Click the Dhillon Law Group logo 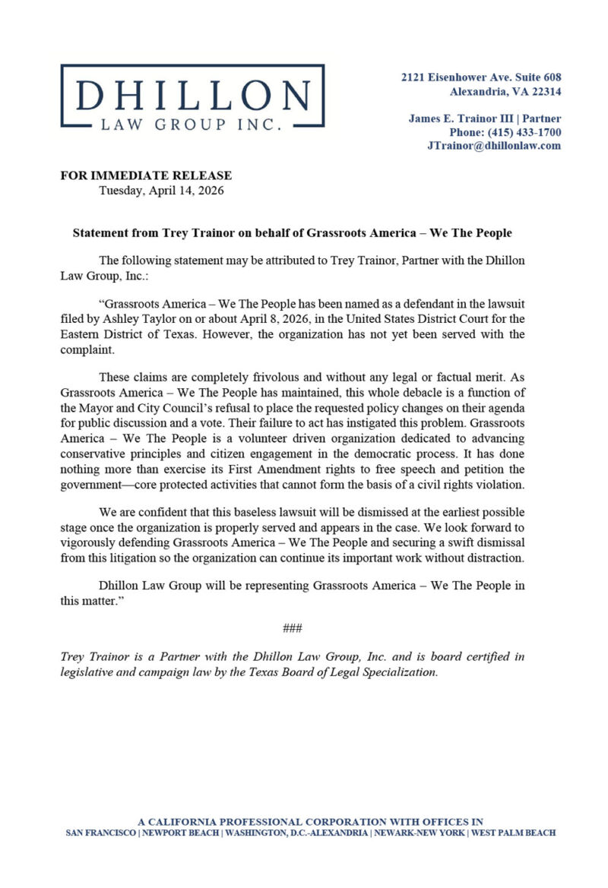[x=192, y=95]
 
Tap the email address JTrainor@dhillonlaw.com [x=494, y=146]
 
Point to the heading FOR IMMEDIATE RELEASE [x=146, y=176]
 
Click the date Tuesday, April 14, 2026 [x=162, y=191]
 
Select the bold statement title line [x=293, y=232]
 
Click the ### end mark [x=293, y=627]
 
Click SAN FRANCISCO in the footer [x=102, y=833]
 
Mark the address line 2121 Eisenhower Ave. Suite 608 [x=481, y=77]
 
